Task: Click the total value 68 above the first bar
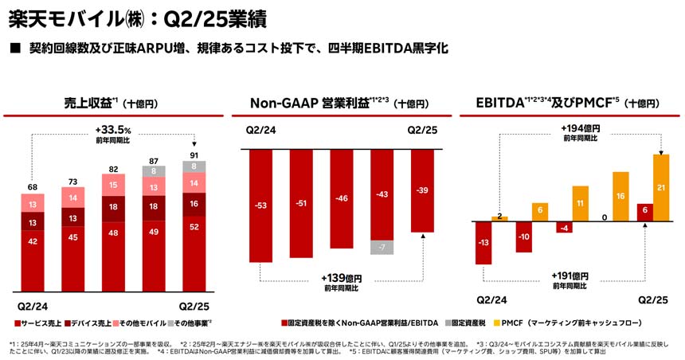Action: tap(33, 187)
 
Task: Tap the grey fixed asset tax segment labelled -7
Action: tap(382, 247)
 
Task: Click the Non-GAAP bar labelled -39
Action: tap(423, 190)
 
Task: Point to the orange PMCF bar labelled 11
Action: tap(580, 202)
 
